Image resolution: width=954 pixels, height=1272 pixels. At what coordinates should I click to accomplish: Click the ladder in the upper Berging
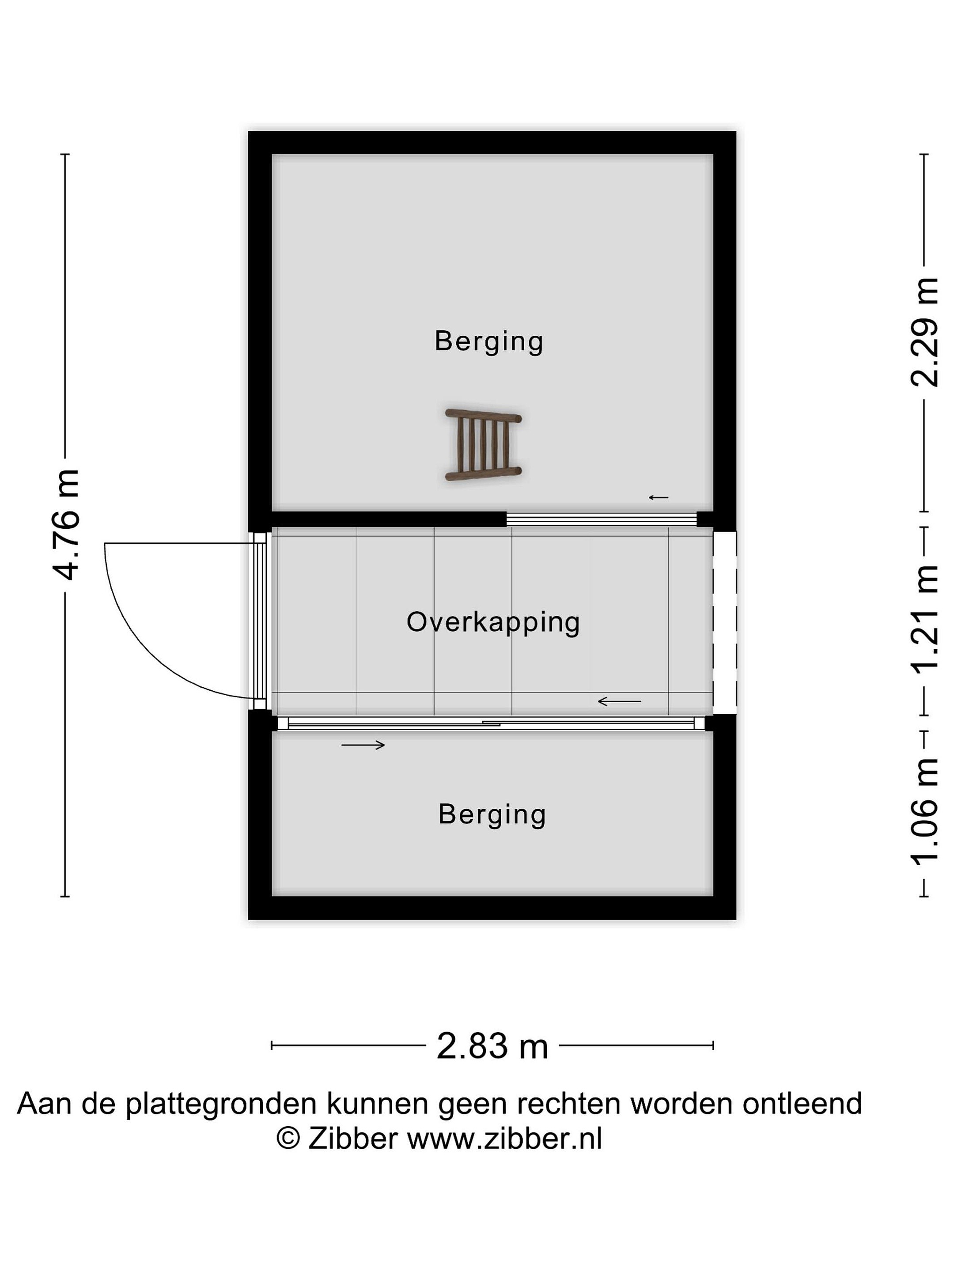(483, 444)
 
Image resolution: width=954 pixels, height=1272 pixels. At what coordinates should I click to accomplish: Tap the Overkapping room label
(493, 623)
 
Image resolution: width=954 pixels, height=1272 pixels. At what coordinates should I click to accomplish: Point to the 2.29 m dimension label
(924, 332)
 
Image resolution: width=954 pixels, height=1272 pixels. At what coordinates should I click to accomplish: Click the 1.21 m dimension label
(924, 619)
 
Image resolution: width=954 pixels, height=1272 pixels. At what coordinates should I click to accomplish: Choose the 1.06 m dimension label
(924, 812)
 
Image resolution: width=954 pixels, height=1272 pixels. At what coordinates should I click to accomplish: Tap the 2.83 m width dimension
(492, 1045)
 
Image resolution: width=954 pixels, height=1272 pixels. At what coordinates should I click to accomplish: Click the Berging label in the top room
(489, 341)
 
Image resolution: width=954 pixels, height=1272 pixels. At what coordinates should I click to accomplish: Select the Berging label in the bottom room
(492, 815)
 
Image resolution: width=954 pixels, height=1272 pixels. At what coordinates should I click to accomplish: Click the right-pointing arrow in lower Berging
(363, 745)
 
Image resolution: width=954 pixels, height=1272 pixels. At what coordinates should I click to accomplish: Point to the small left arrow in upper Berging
(659, 497)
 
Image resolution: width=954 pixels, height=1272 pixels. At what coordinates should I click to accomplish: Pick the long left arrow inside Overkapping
(619, 701)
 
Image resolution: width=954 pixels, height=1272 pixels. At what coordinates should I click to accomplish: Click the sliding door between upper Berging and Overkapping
(602, 519)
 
